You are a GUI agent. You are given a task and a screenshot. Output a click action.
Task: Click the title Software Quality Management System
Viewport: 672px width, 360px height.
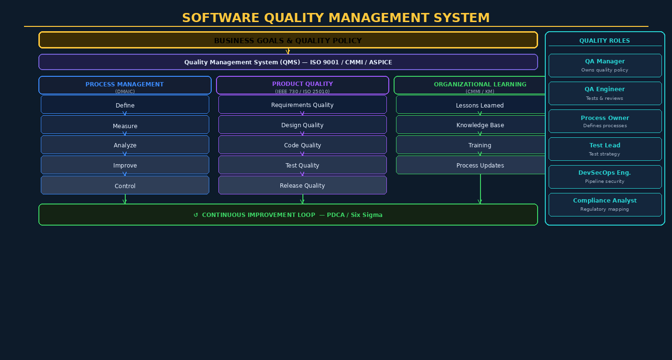pos(336,18)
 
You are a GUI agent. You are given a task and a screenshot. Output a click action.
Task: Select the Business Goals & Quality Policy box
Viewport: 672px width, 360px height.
pos(288,40)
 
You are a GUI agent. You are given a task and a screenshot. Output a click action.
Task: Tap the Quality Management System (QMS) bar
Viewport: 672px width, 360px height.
pos(288,62)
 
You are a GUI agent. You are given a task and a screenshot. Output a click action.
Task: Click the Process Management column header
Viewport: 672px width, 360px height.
pos(125,85)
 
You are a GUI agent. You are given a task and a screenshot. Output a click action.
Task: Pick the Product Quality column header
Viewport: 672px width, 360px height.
pos(302,85)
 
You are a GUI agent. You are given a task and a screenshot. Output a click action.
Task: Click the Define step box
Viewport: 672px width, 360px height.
pos(125,105)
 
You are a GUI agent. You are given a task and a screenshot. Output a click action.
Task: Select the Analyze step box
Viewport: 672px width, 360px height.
pos(125,145)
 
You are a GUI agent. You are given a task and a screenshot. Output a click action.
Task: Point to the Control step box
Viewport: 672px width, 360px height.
pos(125,185)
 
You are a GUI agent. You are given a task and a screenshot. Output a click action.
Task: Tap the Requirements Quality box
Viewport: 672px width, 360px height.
pos(302,105)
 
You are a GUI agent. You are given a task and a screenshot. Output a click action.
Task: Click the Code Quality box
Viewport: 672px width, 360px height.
pos(302,145)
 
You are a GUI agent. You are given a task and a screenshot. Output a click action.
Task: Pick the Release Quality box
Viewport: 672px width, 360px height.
pos(302,185)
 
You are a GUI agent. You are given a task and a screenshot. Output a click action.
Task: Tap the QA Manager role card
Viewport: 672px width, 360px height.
pos(605,65)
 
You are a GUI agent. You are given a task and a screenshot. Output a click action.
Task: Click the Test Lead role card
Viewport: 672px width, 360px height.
pos(605,149)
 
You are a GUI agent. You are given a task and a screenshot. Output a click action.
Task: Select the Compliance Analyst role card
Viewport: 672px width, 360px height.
pos(605,204)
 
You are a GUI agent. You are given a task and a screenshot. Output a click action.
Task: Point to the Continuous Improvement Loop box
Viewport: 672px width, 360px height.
pos(288,215)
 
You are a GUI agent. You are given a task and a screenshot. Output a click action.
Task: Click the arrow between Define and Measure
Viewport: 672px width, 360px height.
pos(125,114)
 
